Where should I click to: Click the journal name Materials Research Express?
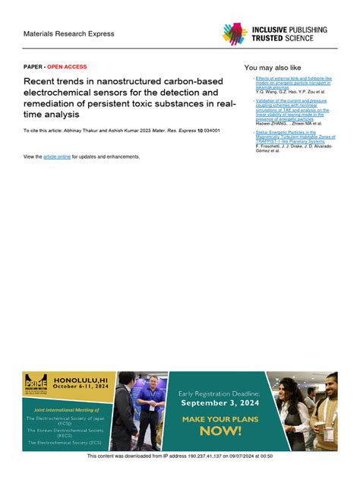pos(68,33)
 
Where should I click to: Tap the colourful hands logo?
pos(235,33)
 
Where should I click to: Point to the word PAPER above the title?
pos(33,67)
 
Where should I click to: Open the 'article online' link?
pos(57,156)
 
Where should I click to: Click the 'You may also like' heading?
pos(273,68)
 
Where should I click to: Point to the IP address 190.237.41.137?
pos(177,456)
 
